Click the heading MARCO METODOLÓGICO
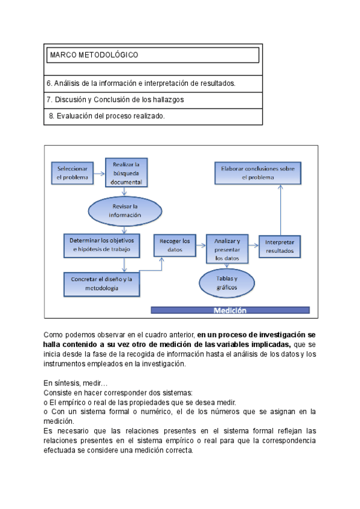tap(94, 55)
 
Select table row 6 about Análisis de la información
tap(141, 83)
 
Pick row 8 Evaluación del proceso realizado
tap(106, 116)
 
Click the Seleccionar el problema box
tap(72, 173)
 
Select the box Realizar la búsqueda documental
tap(126, 173)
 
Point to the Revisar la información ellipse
tap(125, 210)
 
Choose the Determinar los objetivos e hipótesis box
tap(101, 244)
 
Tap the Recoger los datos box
tap(175, 245)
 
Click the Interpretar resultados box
tap(279, 246)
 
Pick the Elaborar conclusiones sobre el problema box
tap(257, 173)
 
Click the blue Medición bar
tap(230, 310)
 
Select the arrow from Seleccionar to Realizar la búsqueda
tap(99, 173)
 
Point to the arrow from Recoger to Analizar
tap(201, 245)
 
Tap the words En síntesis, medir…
tap(76, 382)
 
